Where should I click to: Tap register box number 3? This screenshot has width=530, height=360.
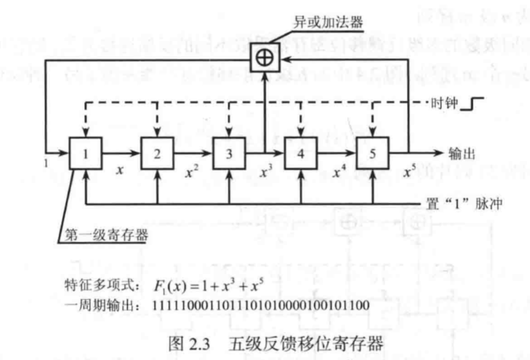pos(227,153)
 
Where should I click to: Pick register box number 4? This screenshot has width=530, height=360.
pos(299,153)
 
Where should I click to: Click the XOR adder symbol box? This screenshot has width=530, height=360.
pos(264,56)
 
